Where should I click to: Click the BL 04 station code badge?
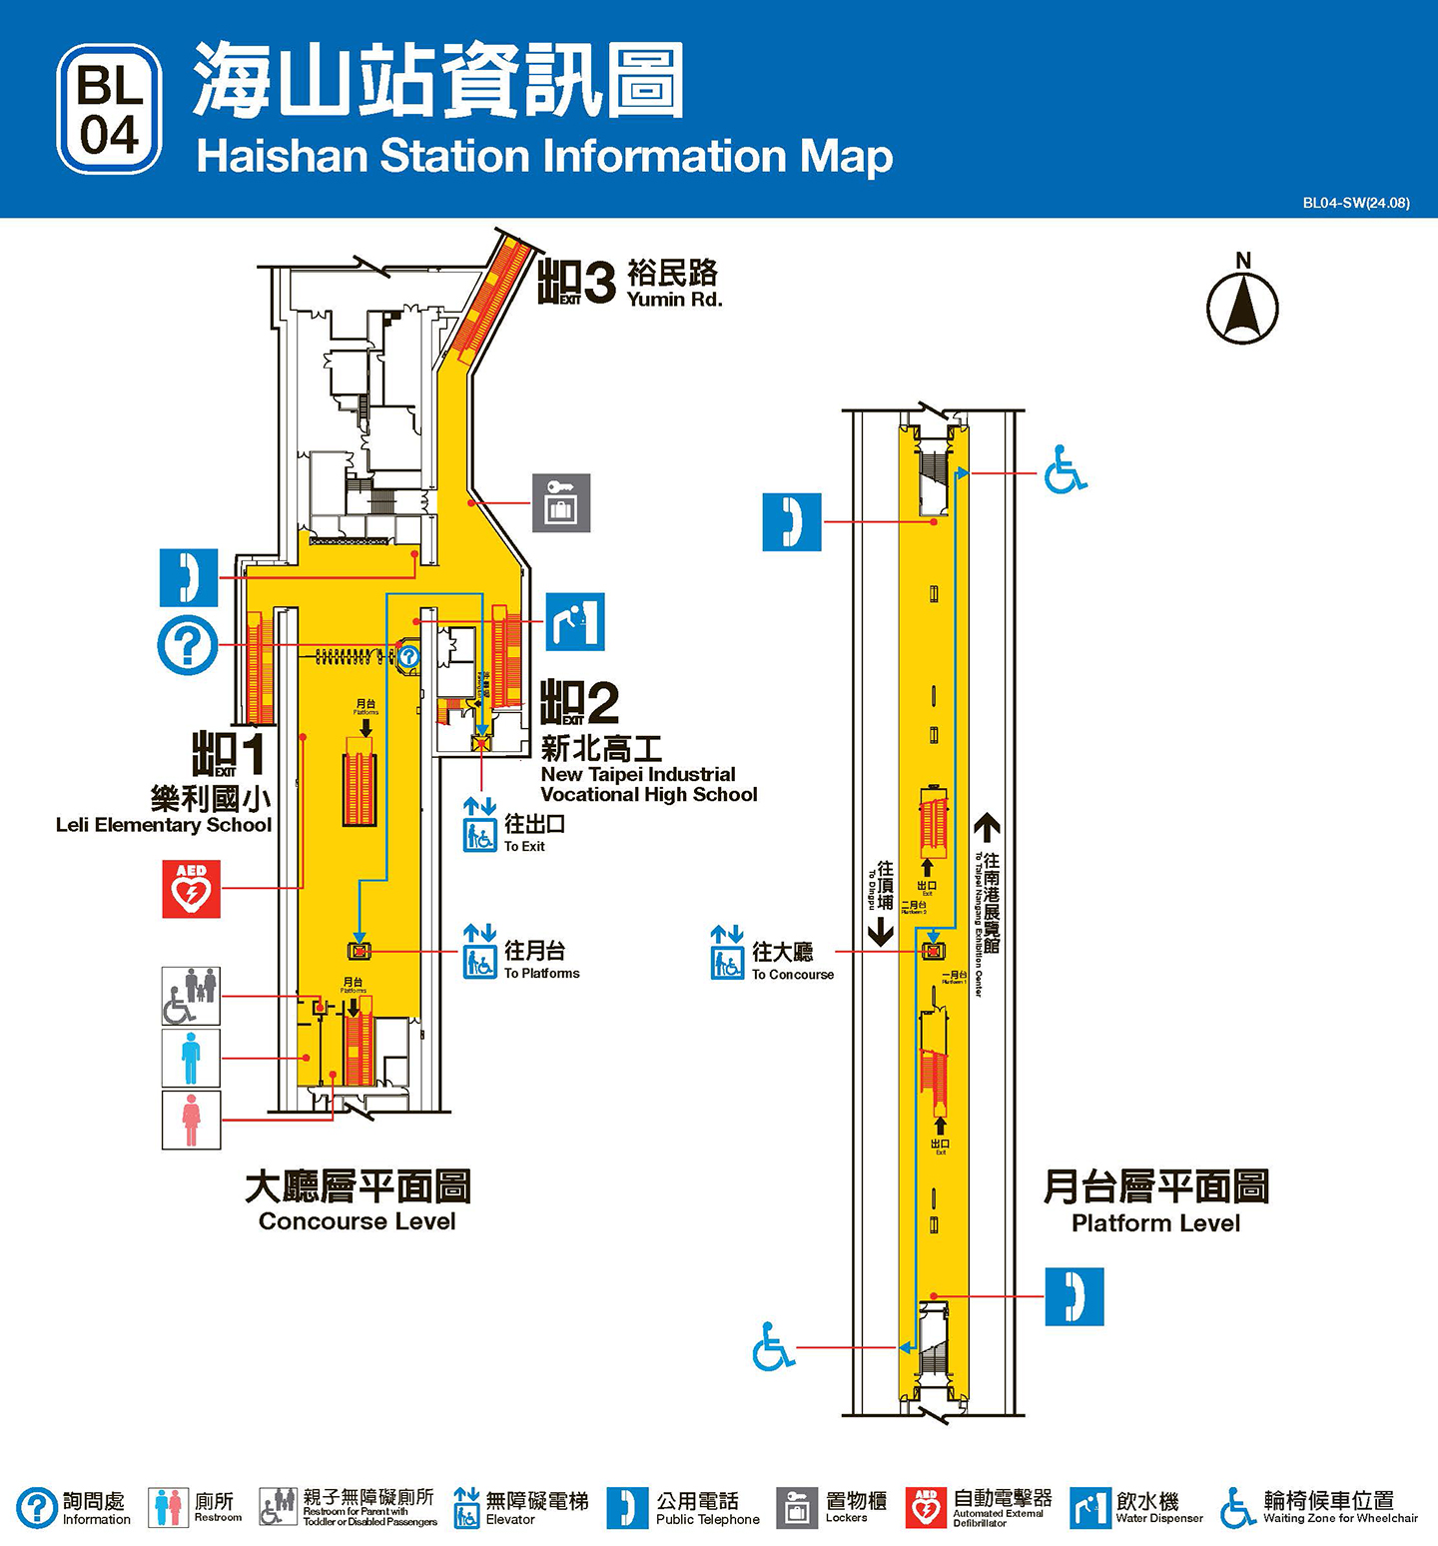110,109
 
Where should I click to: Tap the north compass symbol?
1242,303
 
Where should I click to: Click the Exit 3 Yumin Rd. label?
630,283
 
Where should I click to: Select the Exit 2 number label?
580,703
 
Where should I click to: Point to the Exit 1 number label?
230,754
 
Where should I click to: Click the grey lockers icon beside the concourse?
561,502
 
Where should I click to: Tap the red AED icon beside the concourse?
191,889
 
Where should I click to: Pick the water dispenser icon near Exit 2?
575,621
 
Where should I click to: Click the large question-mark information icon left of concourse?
187,645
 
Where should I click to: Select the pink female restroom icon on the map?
191,1120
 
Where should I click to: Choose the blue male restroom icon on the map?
191,1058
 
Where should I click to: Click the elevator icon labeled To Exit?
479,824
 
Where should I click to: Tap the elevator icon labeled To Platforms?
479,951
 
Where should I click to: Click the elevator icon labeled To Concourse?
727,953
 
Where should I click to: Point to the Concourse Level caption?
357,1201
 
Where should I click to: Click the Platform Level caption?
1155,1202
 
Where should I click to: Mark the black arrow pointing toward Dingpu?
880,932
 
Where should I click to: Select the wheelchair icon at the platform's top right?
1065,469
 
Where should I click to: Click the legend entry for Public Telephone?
684,1508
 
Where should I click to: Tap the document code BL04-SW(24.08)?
1355,203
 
